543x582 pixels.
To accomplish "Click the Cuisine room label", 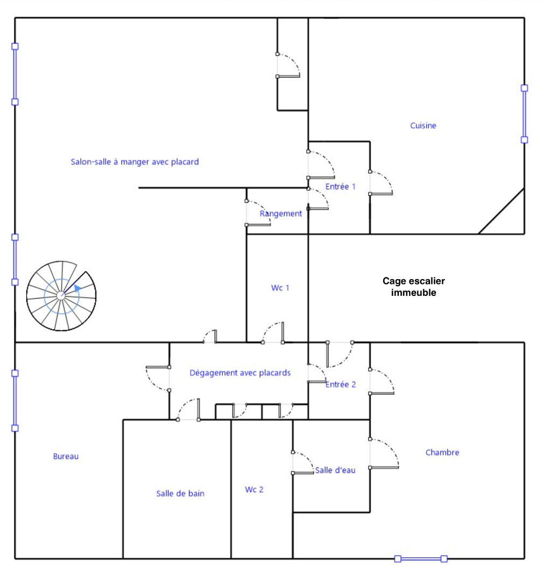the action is point(423,126).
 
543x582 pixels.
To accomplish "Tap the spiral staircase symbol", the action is point(61,295).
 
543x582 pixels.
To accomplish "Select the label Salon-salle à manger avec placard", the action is point(135,162).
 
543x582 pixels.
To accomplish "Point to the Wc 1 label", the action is point(280,288).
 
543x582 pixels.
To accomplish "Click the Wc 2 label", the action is point(254,489).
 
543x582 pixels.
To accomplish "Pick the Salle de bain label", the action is point(180,493).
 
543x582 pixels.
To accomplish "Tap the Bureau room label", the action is point(66,456).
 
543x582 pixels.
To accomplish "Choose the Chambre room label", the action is point(442,453).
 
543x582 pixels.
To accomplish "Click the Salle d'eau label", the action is point(335,470).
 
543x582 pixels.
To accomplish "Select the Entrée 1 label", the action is point(340,186).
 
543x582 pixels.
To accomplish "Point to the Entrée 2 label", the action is point(341,385).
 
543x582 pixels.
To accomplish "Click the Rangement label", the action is point(280,213).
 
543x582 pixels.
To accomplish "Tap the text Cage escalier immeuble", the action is point(414,287).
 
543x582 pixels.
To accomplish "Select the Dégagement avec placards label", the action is point(240,373).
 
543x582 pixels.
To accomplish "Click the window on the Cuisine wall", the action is point(524,114).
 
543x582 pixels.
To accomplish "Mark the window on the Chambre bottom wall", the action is point(421,559).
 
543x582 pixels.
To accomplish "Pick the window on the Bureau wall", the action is point(15,401).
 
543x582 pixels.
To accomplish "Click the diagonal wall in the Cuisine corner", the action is point(501,211).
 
